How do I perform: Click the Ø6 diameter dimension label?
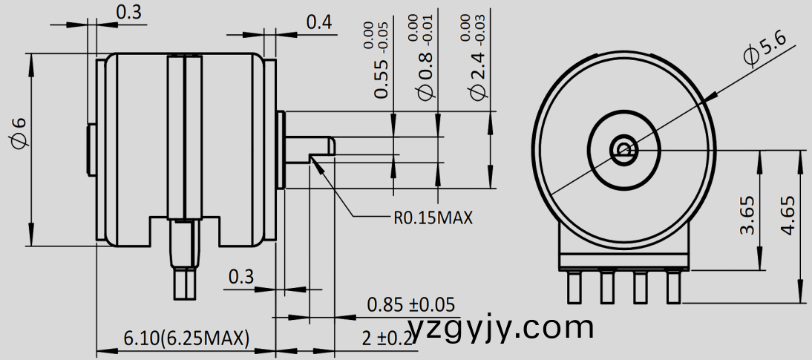pyautogui.click(x=19, y=134)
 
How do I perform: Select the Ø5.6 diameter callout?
pyautogui.click(x=765, y=50)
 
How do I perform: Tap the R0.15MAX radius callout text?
pyautogui.click(x=433, y=218)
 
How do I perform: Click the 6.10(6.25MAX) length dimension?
pyautogui.click(x=186, y=338)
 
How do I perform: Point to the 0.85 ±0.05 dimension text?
pyautogui.click(x=410, y=305)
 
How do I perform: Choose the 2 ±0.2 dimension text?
pyautogui.click(x=387, y=339)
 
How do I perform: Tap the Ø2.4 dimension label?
pyautogui.click(x=479, y=74)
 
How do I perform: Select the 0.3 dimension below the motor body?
pyautogui.click(x=240, y=278)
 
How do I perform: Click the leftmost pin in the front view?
pyautogui.click(x=574, y=287)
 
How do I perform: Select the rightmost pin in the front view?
pyautogui.click(x=673, y=287)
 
